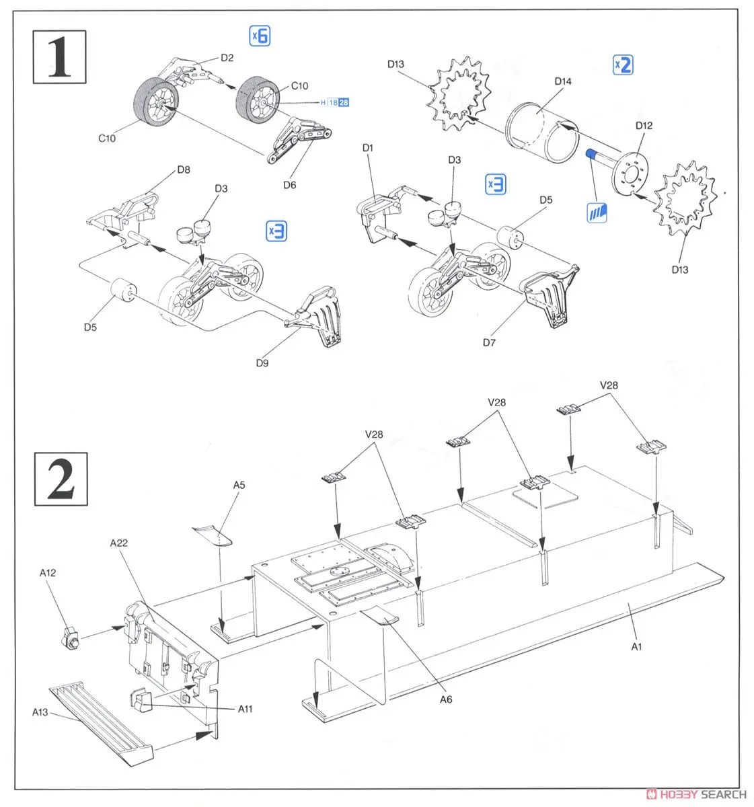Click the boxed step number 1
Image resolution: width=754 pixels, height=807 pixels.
click(60, 56)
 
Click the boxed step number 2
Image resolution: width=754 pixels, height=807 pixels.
click(61, 479)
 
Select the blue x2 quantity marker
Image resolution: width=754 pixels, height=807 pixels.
click(624, 65)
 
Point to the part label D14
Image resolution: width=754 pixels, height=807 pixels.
click(563, 81)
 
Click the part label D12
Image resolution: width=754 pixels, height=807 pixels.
click(644, 126)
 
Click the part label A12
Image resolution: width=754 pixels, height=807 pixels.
click(47, 573)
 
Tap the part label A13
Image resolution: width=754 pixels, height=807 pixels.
click(40, 712)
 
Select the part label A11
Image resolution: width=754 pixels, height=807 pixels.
click(245, 709)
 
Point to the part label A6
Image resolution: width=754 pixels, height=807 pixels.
click(446, 699)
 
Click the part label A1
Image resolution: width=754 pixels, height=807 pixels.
click(637, 647)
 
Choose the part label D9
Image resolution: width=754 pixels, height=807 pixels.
click(262, 363)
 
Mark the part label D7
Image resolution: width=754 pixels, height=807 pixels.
click(489, 342)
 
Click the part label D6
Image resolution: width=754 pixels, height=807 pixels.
click(290, 185)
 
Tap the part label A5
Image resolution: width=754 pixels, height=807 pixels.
click(239, 485)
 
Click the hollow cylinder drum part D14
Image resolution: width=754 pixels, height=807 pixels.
click(540, 130)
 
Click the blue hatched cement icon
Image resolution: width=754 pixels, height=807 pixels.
click(597, 213)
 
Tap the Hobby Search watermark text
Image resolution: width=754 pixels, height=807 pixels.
click(695, 794)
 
